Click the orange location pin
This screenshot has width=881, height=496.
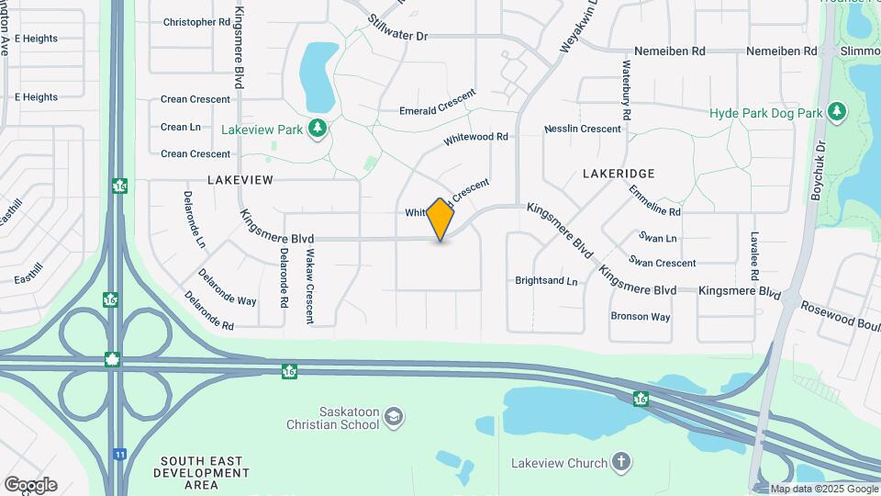[440, 220]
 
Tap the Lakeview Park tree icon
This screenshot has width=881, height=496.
[318, 129]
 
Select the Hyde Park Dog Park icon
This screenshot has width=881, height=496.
[836, 112]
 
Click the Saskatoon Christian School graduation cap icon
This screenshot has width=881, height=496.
[394, 418]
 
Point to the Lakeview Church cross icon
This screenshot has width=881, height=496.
[621, 462]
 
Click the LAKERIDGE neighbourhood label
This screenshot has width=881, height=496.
[619, 173]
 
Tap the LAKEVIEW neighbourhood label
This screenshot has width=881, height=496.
[240, 180]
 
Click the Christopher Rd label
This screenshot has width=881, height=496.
[196, 21]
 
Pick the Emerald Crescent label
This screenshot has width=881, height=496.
[438, 103]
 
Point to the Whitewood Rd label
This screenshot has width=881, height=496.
[475, 138]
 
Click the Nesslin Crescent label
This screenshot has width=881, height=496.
[583, 130]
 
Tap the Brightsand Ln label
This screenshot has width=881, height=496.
[546, 280]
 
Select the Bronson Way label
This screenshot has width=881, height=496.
[641, 317]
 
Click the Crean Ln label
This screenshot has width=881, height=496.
[181, 127]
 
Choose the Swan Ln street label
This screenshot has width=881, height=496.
[658, 238]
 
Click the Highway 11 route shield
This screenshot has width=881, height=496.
[119, 454]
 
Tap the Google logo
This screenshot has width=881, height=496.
[30, 485]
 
